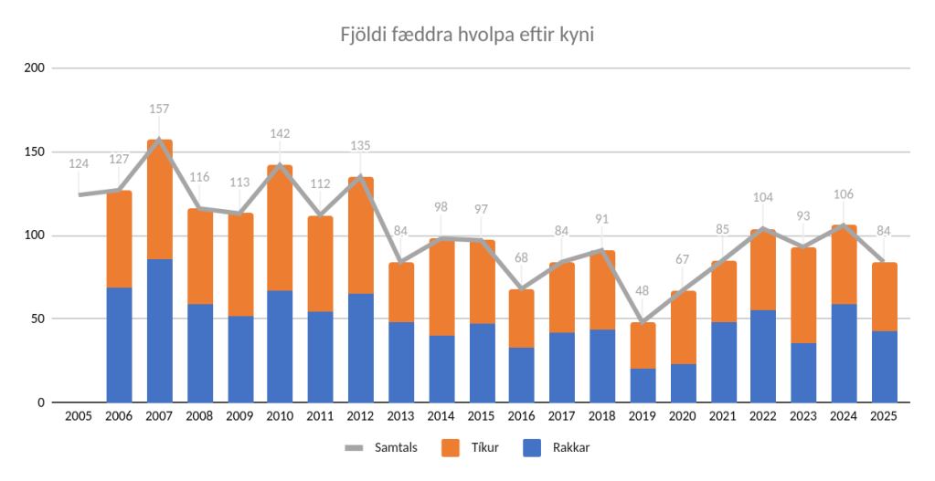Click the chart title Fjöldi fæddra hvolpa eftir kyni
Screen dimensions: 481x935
click(x=467, y=35)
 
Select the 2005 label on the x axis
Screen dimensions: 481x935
click(x=79, y=416)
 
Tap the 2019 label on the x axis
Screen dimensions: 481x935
click(x=643, y=416)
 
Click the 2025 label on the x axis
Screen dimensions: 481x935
click(x=884, y=416)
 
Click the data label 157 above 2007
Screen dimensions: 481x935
click(x=159, y=110)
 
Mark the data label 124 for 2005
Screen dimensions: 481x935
click(x=79, y=164)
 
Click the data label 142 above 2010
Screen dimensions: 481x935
click(x=280, y=134)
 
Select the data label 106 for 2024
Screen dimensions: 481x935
click(x=844, y=193)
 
